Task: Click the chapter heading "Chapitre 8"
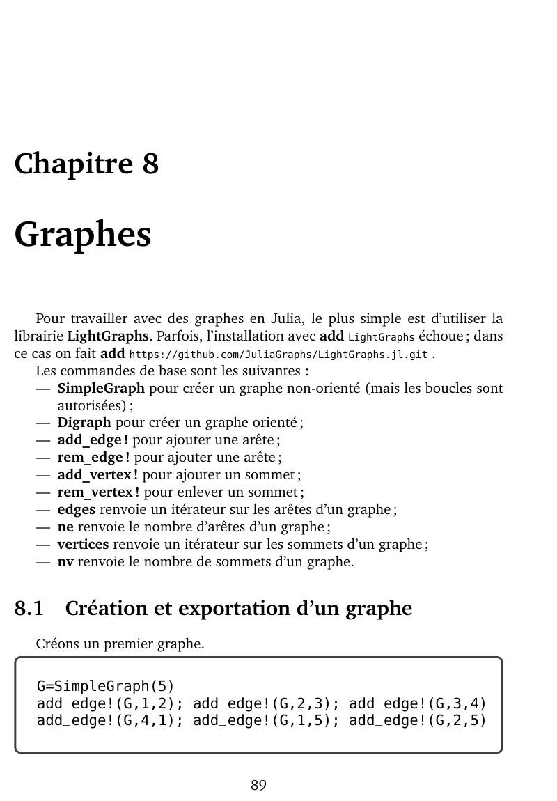pyautogui.click(x=86, y=164)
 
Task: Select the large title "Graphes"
pyautogui.click(x=83, y=234)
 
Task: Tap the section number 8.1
pyautogui.click(x=29, y=609)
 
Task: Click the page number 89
pyautogui.click(x=258, y=785)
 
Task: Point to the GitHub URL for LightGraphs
pyautogui.click(x=278, y=355)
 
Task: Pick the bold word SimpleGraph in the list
pyautogui.click(x=101, y=388)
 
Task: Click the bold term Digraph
pyautogui.click(x=84, y=422)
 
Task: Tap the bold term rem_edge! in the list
pyautogui.click(x=94, y=457)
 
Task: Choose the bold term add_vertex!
pyautogui.click(x=97, y=474)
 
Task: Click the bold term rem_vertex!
pyautogui.click(x=98, y=492)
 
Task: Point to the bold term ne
pyautogui.click(x=65, y=527)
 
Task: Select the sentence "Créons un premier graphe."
pyautogui.click(x=120, y=644)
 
